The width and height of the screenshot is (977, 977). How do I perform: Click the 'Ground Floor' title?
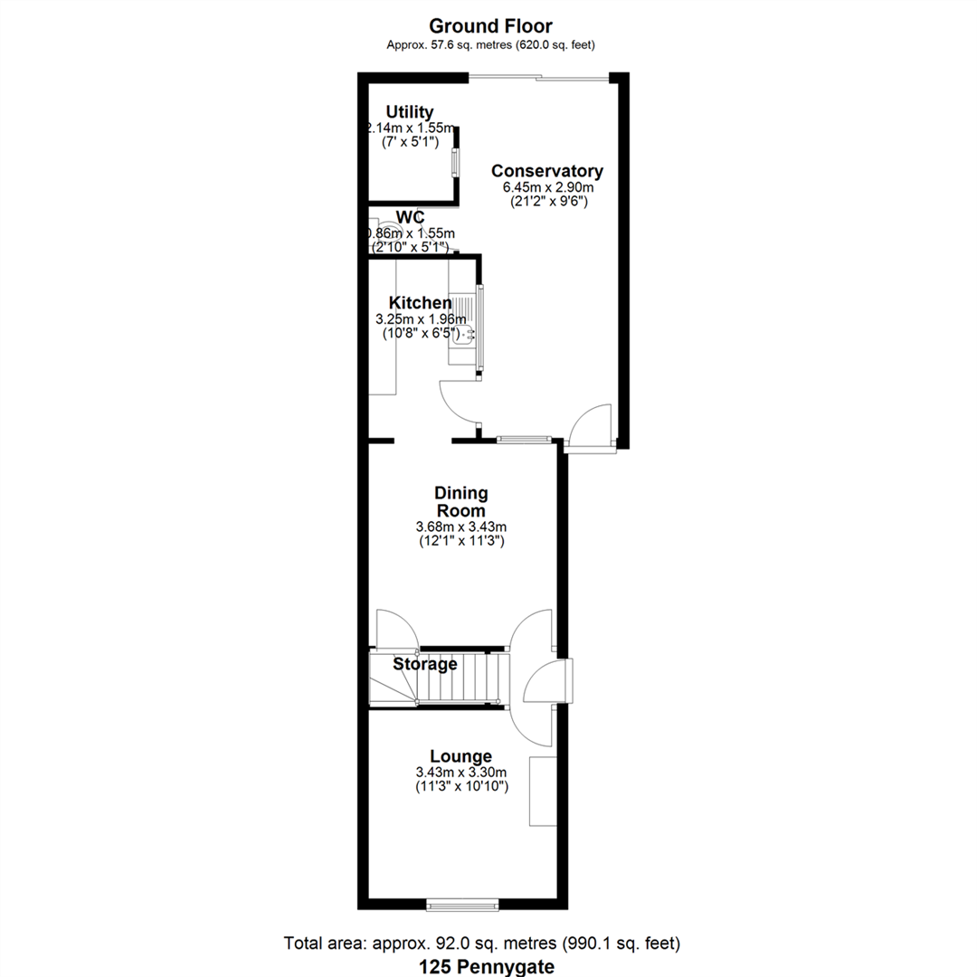pos(489,26)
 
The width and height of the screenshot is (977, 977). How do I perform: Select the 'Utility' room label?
pos(410,112)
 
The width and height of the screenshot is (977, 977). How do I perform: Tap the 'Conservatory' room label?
pos(546,171)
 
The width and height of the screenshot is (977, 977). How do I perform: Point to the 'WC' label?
pos(411,218)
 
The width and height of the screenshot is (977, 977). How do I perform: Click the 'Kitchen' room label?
pos(420,303)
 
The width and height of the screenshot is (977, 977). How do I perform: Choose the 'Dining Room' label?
pos(460,502)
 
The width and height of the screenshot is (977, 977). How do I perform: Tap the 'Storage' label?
pos(424,664)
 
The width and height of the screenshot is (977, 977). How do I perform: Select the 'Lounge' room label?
pos(460,756)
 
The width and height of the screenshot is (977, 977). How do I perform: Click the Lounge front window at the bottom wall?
pos(461,903)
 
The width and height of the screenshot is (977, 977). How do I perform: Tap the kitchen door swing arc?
pos(458,401)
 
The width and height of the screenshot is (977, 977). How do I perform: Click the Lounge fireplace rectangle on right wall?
pos(542,791)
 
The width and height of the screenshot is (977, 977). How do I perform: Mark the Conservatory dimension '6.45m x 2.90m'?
pos(546,187)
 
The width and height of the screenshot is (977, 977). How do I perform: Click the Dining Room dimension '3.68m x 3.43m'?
pos(460,526)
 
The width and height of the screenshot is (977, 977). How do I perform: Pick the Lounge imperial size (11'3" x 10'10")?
pos(460,787)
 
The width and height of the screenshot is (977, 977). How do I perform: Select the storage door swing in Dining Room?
pos(395,629)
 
